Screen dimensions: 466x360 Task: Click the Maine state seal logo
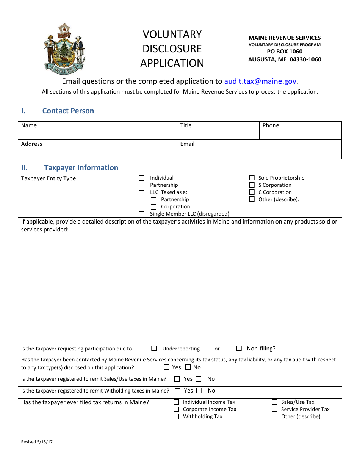[x=64, y=49]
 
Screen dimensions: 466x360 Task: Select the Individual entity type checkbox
[x=142, y=178]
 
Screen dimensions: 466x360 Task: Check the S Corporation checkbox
[x=252, y=185]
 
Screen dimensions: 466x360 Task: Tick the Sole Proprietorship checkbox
[x=252, y=178]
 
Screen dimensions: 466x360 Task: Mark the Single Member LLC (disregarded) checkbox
[x=142, y=214]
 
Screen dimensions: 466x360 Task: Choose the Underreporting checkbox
[x=154, y=349]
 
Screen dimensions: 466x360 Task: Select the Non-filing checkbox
[x=239, y=349]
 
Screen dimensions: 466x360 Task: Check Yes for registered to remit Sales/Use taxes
[x=177, y=379]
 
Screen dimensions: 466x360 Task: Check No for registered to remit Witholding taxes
[x=199, y=391]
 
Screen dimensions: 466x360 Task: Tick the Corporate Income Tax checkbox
[x=176, y=410]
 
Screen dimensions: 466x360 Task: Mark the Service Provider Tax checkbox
[x=275, y=410]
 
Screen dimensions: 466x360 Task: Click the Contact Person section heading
[x=68, y=111]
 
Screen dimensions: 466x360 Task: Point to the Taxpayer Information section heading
[x=81, y=168]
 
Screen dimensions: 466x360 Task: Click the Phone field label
[x=271, y=125]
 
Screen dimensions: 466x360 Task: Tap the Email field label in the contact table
[x=187, y=144]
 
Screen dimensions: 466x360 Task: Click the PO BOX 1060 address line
[x=285, y=52]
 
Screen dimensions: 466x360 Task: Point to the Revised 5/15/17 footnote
[x=37, y=442]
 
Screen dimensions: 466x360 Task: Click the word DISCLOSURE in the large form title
[x=172, y=48]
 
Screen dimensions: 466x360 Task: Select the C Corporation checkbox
[x=252, y=192]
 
